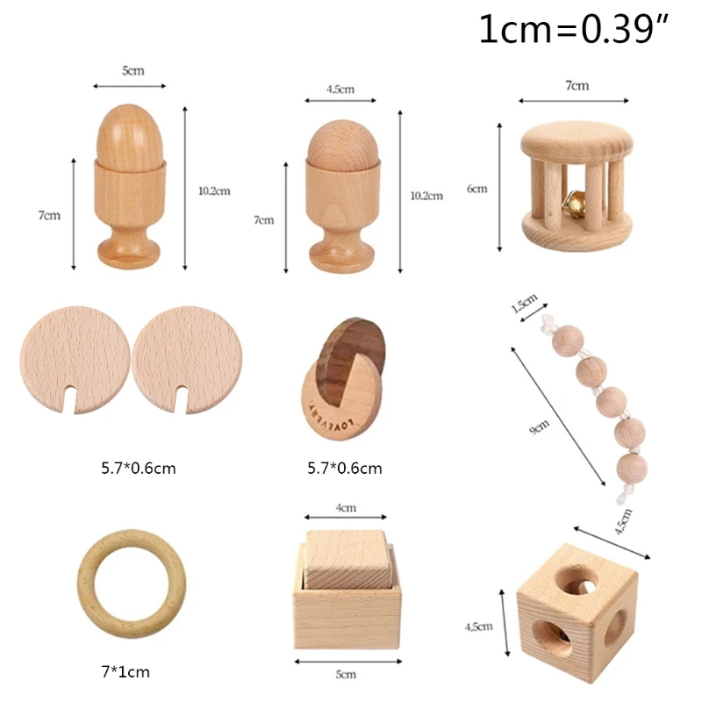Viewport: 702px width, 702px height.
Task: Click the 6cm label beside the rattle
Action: coord(476,189)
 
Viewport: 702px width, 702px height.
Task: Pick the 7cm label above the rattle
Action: coord(577,86)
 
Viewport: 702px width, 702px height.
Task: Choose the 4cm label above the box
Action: coord(346,507)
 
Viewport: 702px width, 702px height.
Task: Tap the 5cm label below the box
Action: coord(346,674)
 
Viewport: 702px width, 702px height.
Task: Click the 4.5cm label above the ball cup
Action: coord(340,89)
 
